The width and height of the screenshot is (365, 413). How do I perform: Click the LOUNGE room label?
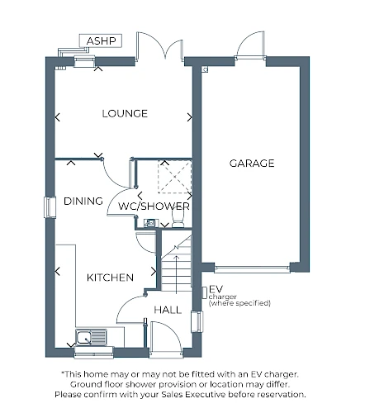click(125, 113)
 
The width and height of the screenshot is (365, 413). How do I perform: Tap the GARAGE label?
click(252, 164)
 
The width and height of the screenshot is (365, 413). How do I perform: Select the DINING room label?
click(83, 201)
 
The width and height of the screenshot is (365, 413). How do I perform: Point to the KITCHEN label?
click(110, 278)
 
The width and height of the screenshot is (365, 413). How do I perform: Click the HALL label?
click(168, 310)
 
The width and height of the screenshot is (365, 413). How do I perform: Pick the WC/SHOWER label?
click(154, 206)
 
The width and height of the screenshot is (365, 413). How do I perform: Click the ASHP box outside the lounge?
click(101, 40)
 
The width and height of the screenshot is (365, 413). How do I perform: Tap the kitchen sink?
click(91, 337)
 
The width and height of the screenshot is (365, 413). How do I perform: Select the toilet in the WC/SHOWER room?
click(178, 219)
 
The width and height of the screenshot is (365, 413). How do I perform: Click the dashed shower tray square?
click(175, 177)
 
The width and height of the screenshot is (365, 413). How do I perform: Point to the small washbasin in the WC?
click(150, 223)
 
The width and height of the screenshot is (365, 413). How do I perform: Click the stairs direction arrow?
click(177, 273)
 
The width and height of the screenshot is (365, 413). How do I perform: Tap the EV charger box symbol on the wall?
click(205, 292)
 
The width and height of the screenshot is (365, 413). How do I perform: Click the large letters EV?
click(216, 289)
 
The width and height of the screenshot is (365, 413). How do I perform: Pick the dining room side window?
click(50, 207)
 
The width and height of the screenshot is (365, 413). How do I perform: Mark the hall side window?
click(197, 321)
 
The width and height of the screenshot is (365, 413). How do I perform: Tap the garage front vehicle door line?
click(252, 268)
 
